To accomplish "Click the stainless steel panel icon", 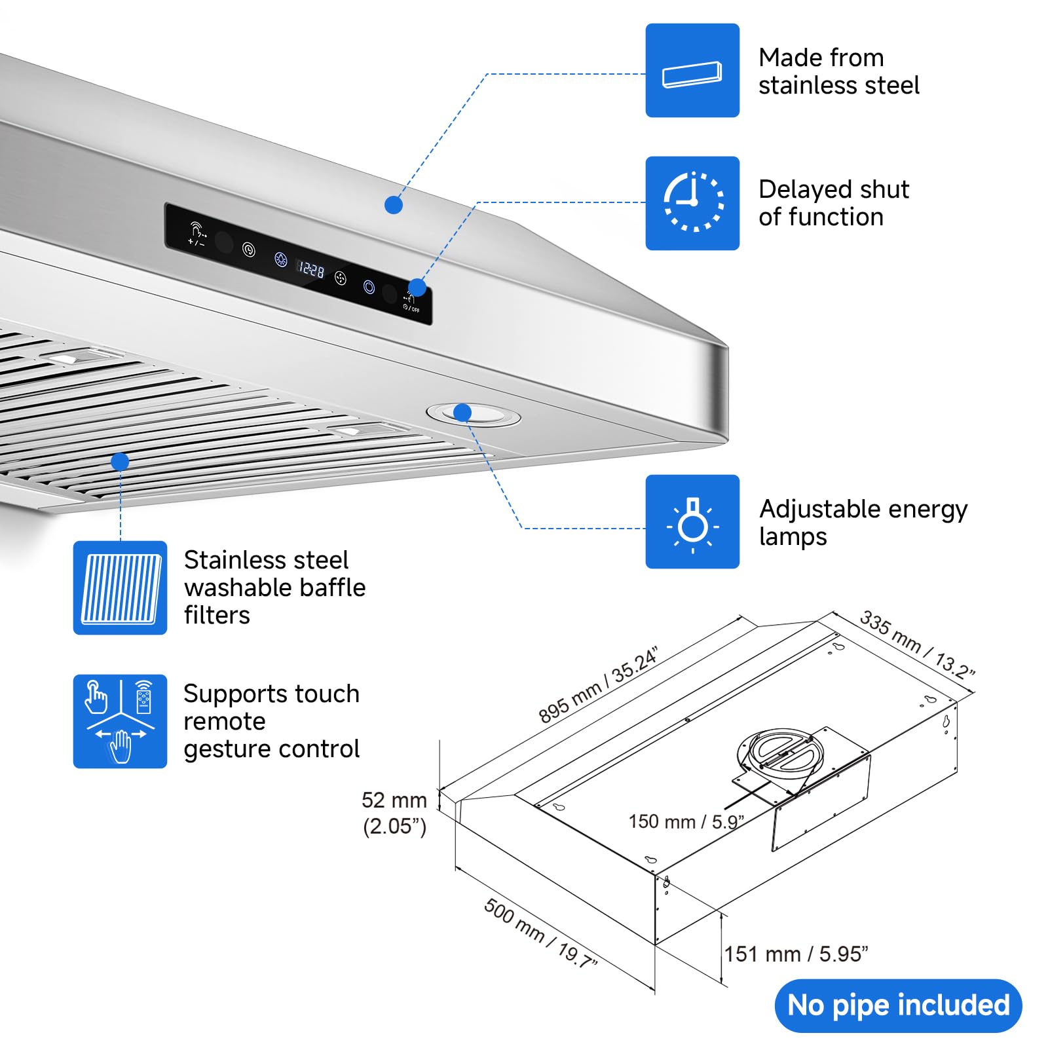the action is click(692, 71).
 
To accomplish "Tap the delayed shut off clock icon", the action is click(692, 203).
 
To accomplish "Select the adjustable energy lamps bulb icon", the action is click(692, 521).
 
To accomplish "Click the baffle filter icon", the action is click(120, 588).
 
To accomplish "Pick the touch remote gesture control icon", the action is click(120, 721).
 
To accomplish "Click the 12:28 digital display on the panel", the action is click(311, 269).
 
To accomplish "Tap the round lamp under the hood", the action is click(474, 415).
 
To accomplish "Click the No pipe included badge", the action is click(898, 1005).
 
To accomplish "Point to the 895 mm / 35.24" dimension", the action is click(597, 684).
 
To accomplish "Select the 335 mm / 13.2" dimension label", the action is click(917, 645).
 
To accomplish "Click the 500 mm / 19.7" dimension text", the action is click(540, 933).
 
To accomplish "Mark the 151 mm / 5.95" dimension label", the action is click(796, 954).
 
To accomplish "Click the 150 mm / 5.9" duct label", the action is click(686, 821).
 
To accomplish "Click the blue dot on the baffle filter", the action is click(120, 462).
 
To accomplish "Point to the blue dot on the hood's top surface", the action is click(393, 205).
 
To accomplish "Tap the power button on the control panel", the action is click(369, 287).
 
